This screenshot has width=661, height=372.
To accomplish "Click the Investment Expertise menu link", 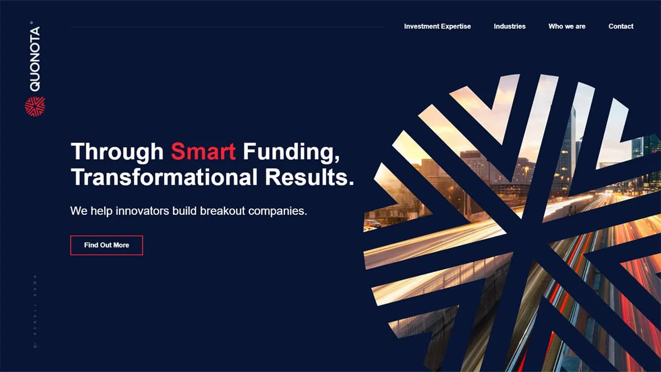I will click(437, 26).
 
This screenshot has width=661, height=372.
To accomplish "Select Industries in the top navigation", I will click(509, 26).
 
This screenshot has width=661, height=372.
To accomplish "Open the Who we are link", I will click(566, 26).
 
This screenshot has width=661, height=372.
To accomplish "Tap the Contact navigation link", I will click(621, 26).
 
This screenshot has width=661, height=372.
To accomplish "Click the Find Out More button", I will click(106, 245).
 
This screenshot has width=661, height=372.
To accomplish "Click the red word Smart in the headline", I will click(203, 151).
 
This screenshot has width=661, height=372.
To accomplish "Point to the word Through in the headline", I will click(117, 151).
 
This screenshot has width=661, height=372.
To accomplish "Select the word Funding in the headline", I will click(291, 151).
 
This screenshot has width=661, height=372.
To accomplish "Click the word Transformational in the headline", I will click(164, 177).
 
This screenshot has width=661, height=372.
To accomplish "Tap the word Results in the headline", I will click(309, 177).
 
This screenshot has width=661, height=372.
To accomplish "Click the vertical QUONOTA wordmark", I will click(35, 58).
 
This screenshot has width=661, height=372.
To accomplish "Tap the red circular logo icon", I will click(35, 106).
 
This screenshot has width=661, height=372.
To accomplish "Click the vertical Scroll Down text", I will click(35, 305).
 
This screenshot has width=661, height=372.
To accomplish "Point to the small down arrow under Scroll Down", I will click(35, 345).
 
